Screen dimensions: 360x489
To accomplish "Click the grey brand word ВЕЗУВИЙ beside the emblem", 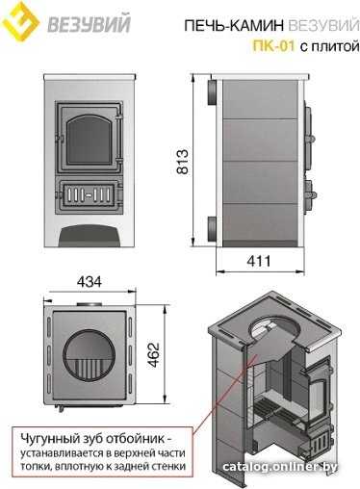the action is (90, 23).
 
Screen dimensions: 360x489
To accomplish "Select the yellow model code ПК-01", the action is (273, 46).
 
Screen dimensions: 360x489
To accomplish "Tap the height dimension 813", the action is (183, 162).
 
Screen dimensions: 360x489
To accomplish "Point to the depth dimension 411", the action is (259, 261).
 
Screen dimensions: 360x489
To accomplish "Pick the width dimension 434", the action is (90, 282).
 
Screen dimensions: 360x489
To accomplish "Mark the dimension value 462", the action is (154, 355).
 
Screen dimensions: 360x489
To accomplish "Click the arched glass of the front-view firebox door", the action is (89, 140).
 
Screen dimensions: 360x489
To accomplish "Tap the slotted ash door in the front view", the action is (89, 194).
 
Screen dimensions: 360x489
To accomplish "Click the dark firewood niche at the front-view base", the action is (90, 236).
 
